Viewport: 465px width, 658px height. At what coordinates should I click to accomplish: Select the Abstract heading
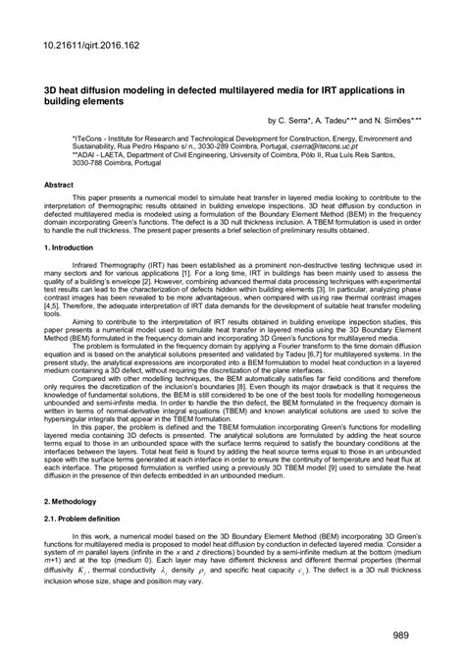(x=61, y=185)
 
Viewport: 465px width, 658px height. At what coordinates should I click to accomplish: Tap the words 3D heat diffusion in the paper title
(x=87, y=88)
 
